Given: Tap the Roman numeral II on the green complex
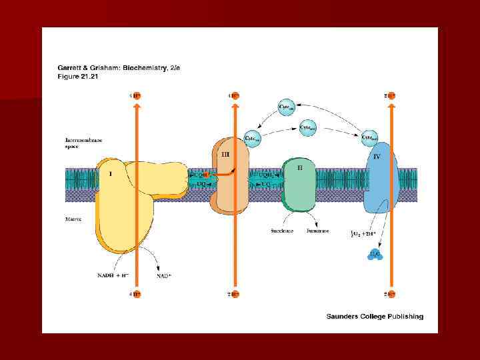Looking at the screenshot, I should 300,168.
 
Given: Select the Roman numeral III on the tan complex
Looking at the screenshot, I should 225,154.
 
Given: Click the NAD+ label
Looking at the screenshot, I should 163,275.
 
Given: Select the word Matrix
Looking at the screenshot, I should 73,219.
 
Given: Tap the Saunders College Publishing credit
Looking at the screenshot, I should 374,317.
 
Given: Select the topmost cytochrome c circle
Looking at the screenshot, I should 287,107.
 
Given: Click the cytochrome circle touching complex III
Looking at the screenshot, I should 253,137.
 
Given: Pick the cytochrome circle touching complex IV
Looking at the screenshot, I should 369,138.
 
